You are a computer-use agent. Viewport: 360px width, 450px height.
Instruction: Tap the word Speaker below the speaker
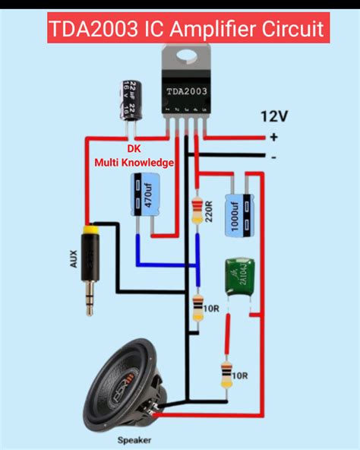pyautogui.click(x=134, y=440)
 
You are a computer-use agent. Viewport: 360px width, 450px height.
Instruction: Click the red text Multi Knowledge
pyautogui.click(x=134, y=163)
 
